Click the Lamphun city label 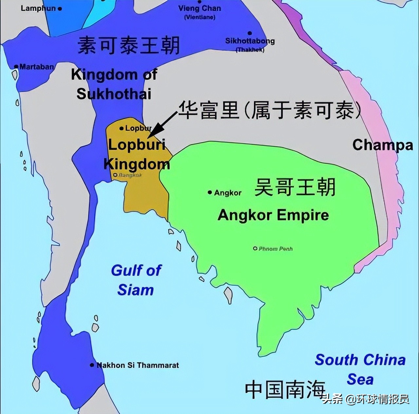pyautogui.click(x=38, y=8)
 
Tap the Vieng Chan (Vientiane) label pyautogui.click(x=199, y=12)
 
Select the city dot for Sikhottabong pyautogui.click(x=250, y=33)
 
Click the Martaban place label pyautogui.click(x=36, y=67)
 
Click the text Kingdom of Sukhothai pyautogui.click(x=114, y=84)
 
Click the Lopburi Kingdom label pyautogui.click(x=137, y=154)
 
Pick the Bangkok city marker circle pyautogui.click(x=115, y=175)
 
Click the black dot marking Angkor pyautogui.click(x=210, y=193)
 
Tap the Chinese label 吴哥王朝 pyautogui.click(x=295, y=187)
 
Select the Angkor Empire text pyautogui.click(x=273, y=215)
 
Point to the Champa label pyautogui.click(x=382, y=145)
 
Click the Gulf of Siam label pyautogui.click(x=136, y=280)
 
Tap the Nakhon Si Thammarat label pyautogui.click(x=137, y=365)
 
